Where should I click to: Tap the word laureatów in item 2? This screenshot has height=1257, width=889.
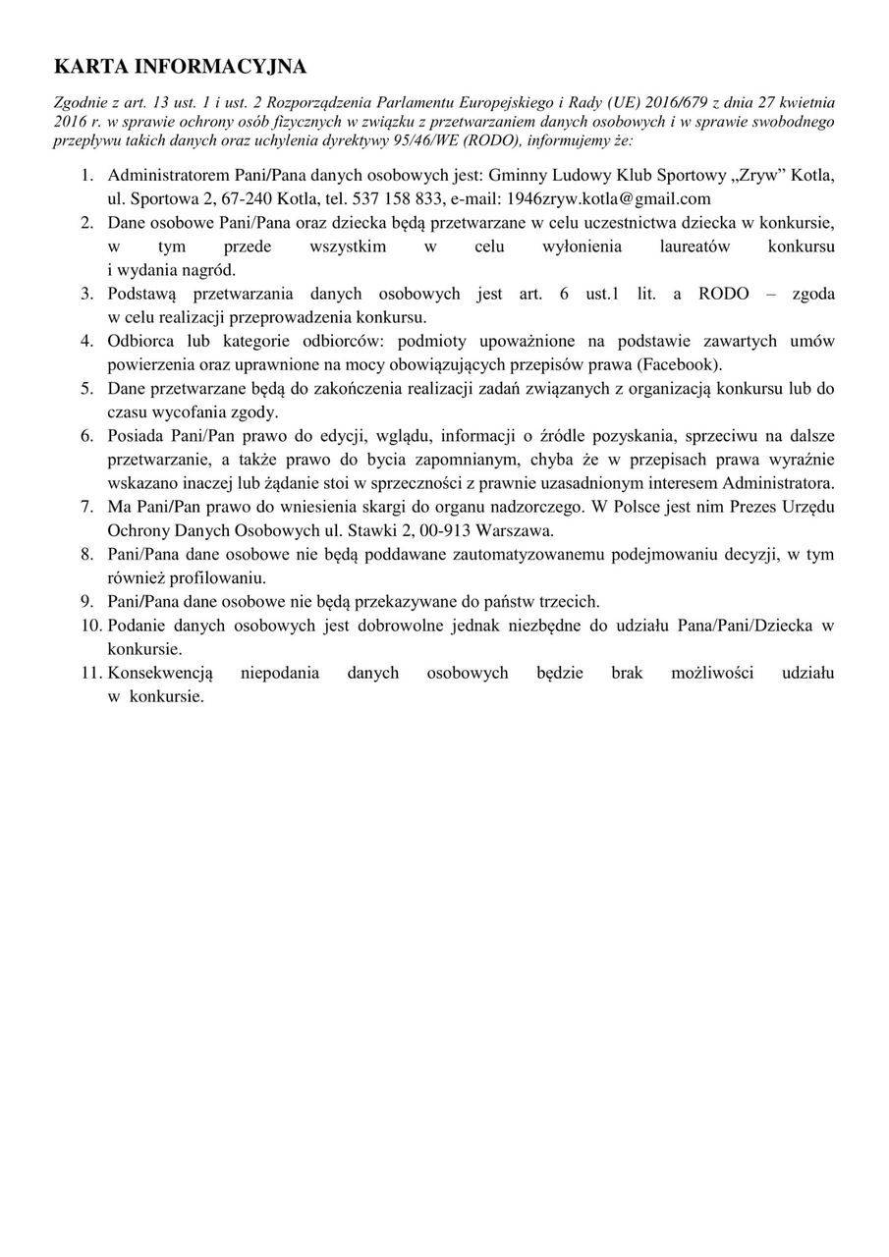(695, 246)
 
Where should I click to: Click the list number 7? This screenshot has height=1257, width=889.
(87, 508)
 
